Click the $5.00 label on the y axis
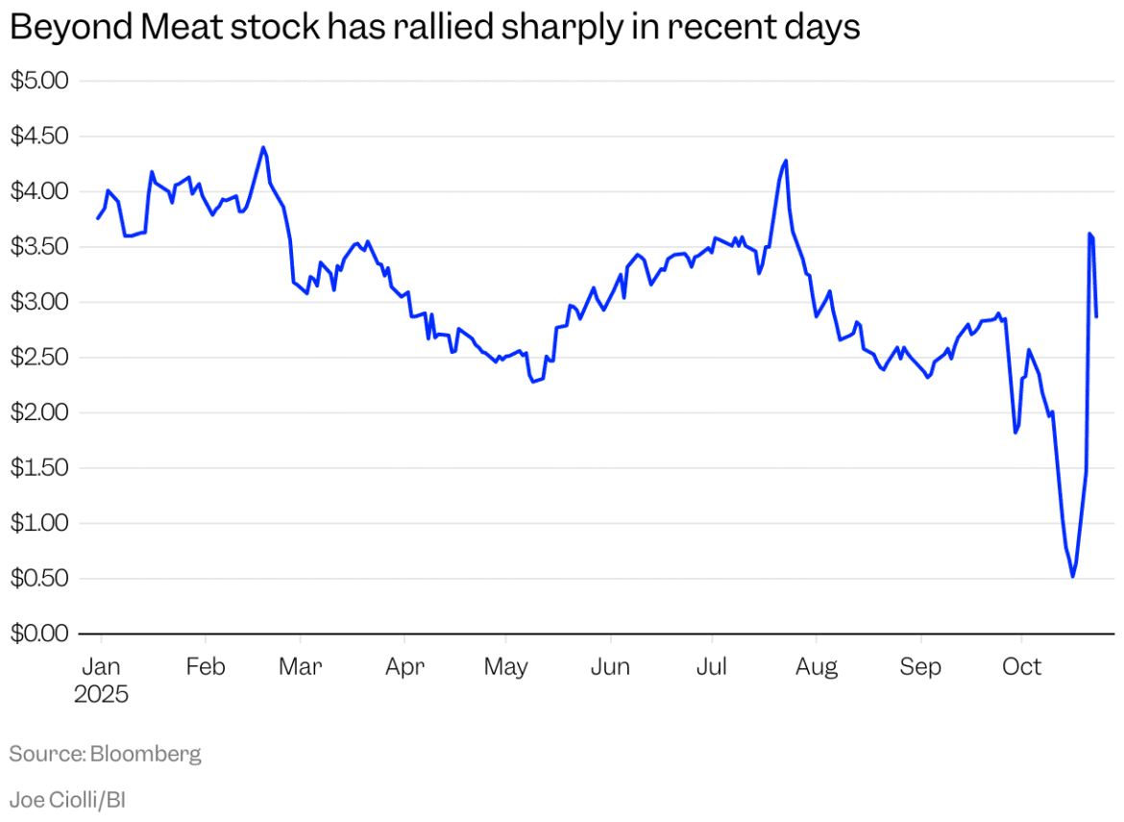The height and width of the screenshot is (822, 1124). pyautogui.click(x=39, y=81)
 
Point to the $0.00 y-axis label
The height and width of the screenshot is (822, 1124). pyautogui.click(x=39, y=634)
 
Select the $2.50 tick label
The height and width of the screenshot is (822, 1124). pyautogui.click(x=39, y=358)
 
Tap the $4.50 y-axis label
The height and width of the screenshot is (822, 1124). pyautogui.click(x=39, y=137)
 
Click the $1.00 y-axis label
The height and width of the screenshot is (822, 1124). pyautogui.click(x=39, y=524)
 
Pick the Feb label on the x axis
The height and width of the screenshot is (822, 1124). pyautogui.click(x=204, y=667)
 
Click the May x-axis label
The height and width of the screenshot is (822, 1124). pyautogui.click(x=506, y=667)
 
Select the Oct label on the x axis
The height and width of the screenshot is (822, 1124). pyautogui.click(x=1021, y=667)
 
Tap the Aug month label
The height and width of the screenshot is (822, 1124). pyautogui.click(x=816, y=667)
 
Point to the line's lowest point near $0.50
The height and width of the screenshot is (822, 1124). pyautogui.click(x=1072, y=576)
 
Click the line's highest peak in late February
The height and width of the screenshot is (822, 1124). pyautogui.click(x=263, y=147)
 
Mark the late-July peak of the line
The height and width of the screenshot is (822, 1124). pyautogui.click(x=786, y=161)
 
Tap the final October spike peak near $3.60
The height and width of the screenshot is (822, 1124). pyautogui.click(x=1089, y=234)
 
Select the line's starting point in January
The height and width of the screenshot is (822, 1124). pyautogui.click(x=98, y=218)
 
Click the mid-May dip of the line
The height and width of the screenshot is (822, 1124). pyautogui.click(x=533, y=382)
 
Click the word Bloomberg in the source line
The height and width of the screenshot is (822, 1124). pyautogui.click(x=145, y=754)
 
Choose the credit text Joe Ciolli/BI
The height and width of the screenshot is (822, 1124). pyautogui.click(x=66, y=799)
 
